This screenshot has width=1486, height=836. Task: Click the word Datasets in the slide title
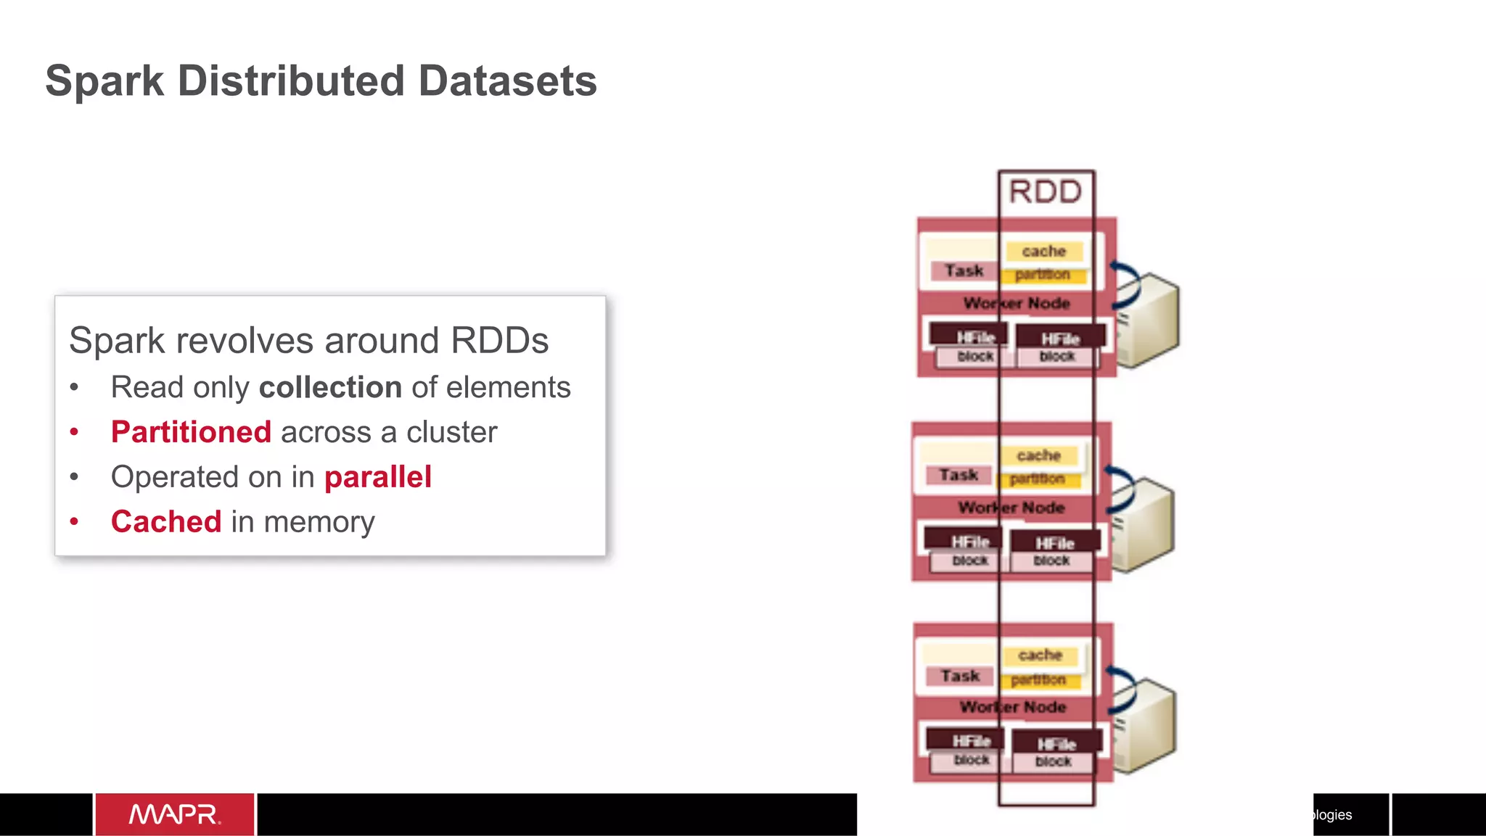click(x=507, y=80)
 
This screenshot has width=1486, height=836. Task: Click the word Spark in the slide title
click(x=104, y=80)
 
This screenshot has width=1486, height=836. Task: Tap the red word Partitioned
click(x=191, y=432)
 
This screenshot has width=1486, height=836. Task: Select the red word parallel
click(x=377, y=477)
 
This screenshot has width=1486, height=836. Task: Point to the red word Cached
click(x=166, y=522)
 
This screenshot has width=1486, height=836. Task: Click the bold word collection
click(x=330, y=387)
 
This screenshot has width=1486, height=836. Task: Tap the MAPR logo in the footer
click(x=175, y=814)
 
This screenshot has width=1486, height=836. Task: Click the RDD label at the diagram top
click(x=1045, y=192)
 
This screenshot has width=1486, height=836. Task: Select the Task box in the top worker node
click(x=964, y=270)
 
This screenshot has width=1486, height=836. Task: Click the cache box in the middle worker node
click(x=1039, y=455)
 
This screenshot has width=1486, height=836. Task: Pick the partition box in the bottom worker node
click(x=1038, y=679)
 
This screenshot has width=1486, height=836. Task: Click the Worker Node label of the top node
click(x=1017, y=303)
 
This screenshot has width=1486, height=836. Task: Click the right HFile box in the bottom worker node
click(x=1056, y=743)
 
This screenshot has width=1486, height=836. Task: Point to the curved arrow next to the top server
click(x=1127, y=286)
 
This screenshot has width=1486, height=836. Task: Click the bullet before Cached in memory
click(x=74, y=521)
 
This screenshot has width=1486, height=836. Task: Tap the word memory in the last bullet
click(x=319, y=522)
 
